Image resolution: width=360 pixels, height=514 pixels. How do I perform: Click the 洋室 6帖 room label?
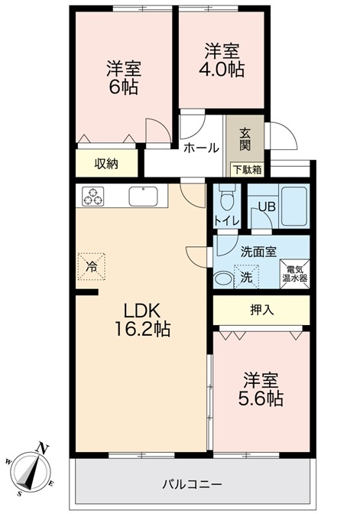click(124, 77)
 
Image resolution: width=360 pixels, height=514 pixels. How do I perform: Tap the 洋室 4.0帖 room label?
click(222, 60)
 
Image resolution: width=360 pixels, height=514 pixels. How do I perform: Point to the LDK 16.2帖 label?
click(142, 320)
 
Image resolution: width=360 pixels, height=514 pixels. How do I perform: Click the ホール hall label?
click(201, 148)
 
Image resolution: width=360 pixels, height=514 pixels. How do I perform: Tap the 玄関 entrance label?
click(245, 139)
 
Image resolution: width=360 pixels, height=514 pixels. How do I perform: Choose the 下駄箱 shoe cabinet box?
click(248, 170)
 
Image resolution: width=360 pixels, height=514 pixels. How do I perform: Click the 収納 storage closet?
click(106, 164)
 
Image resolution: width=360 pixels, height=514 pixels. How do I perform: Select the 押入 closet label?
click(261, 310)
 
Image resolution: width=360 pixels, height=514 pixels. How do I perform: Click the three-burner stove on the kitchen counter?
click(92, 196)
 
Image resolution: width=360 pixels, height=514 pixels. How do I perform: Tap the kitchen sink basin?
click(143, 196)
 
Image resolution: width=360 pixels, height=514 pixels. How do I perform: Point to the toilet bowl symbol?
click(227, 200)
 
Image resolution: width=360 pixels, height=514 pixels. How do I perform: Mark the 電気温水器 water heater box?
click(294, 274)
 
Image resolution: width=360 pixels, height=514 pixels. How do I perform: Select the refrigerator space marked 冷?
click(92, 266)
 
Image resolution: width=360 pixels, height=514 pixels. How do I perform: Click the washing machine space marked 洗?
click(246, 277)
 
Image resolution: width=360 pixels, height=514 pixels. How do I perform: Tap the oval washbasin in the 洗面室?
click(222, 279)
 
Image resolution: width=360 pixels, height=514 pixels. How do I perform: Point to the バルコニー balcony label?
click(193, 484)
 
